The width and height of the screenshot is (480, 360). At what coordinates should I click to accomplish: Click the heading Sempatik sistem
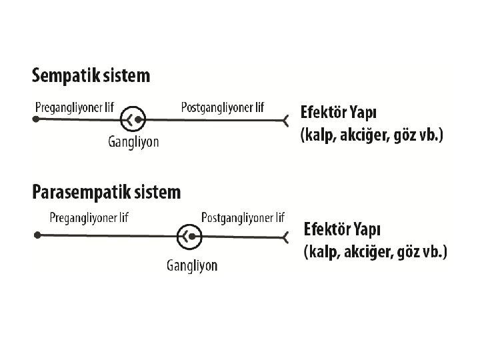pyautogui.click(x=91, y=75)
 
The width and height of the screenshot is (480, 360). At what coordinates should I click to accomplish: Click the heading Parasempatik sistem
pyautogui.click(x=107, y=193)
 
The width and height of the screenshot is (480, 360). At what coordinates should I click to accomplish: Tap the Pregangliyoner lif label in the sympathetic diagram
pyautogui.click(x=73, y=107)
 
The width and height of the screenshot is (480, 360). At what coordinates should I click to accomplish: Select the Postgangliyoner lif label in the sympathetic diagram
pyautogui.click(x=223, y=107)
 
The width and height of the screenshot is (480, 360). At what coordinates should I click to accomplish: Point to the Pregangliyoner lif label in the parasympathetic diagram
pyautogui.click(x=89, y=218)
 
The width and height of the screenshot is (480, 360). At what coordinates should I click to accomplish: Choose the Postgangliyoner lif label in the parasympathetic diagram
pyautogui.click(x=243, y=217)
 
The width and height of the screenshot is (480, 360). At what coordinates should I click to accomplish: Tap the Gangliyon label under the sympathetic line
pyautogui.click(x=133, y=141)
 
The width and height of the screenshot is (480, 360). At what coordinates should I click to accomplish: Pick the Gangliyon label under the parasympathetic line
pyautogui.click(x=192, y=265)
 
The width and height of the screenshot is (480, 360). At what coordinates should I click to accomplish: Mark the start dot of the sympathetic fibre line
pyautogui.click(x=37, y=120)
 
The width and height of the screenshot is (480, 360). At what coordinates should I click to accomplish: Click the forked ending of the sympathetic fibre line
pyautogui.click(x=285, y=121)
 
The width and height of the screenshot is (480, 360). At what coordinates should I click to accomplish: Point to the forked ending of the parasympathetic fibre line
pyautogui.click(x=286, y=235)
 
